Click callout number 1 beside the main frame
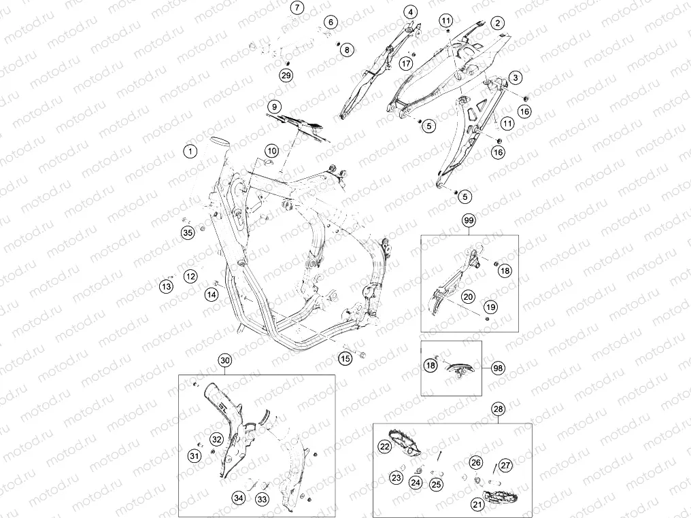point(190,152)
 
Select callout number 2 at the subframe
point(498,23)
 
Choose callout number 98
point(498,368)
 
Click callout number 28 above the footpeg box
point(498,409)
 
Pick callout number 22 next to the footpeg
point(385,447)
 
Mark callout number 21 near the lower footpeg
point(477,504)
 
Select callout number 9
point(275,107)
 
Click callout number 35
point(188,232)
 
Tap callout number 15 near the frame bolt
point(346,358)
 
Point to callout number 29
point(286,75)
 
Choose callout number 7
point(297,7)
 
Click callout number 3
point(515,78)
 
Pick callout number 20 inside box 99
point(468,296)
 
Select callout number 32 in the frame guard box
point(216,439)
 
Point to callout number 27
point(505,466)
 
